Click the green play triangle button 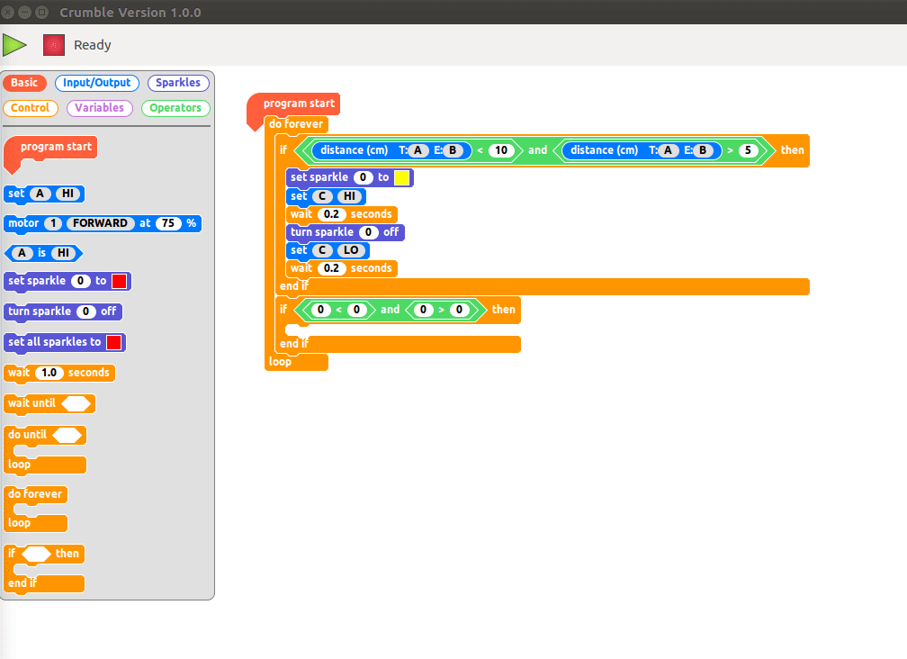tap(14, 44)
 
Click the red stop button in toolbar tap(54, 45)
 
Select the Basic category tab tap(24, 83)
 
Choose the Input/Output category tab tap(97, 83)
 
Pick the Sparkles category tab tap(178, 83)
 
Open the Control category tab tap(31, 108)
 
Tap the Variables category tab tap(99, 108)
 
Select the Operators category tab tap(175, 108)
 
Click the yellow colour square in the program tap(402, 177)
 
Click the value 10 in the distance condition tap(501, 150)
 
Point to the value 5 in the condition tap(747, 150)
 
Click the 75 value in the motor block tap(168, 223)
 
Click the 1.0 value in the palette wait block tap(49, 373)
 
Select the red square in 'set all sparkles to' tap(114, 342)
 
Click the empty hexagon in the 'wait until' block tap(75, 403)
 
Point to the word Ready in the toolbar tap(93, 45)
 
